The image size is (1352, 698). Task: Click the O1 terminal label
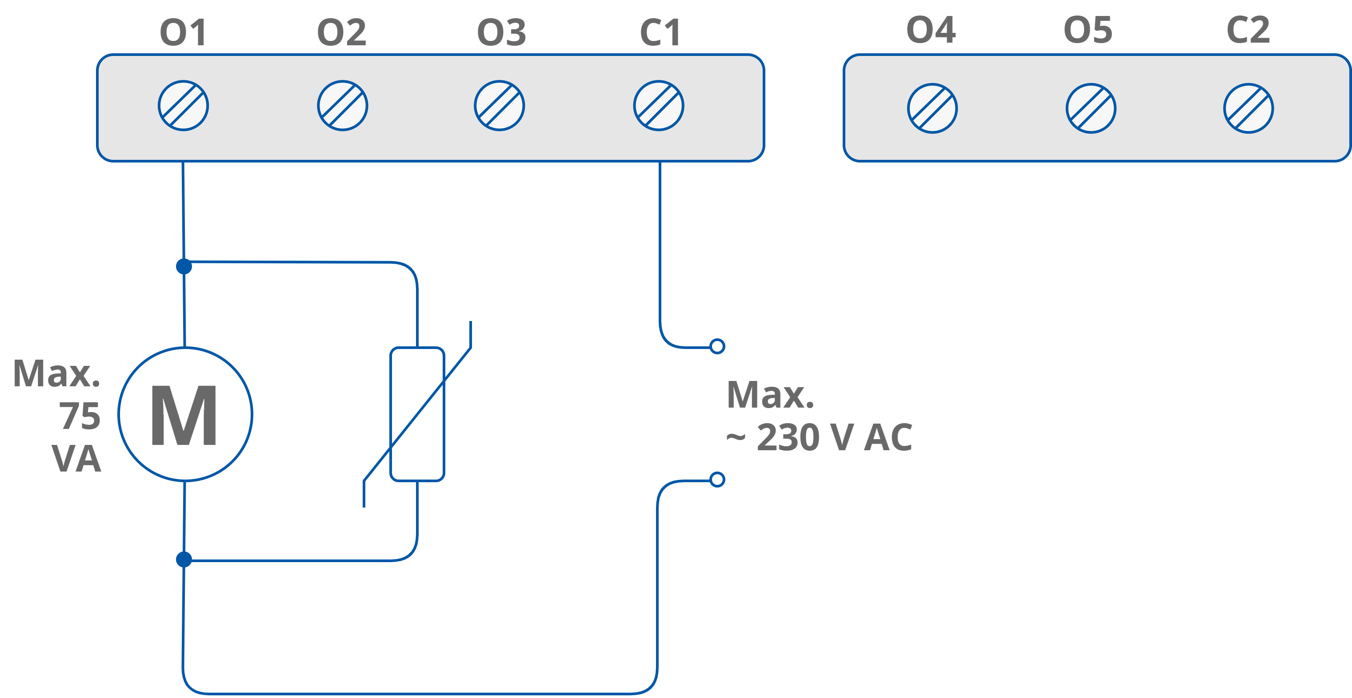[x=183, y=32]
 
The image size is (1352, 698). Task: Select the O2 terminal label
[x=342, y=32]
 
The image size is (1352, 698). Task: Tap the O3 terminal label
[x=501, y=32]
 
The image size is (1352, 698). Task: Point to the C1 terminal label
[x=660, y=32]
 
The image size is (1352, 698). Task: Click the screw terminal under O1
[x=183, y=105]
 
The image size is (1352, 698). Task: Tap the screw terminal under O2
[x=342, y=105]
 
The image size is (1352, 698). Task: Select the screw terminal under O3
[x=499, y=105]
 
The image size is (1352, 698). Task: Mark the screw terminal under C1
[x=658, y=105]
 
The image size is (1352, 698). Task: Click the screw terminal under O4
[x=932, y=108]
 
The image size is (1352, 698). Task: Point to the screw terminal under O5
[x=1091, y=108]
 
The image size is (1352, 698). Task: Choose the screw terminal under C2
[x=1248, y=108]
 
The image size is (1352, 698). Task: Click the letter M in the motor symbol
[x=184, y=415]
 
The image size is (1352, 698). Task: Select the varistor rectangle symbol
[x=417, y=414]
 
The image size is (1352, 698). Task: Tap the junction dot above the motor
[x=184, y=266]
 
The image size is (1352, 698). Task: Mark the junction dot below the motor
[x=184, y=559]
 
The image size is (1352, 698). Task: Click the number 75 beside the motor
[x=80, y=416]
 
